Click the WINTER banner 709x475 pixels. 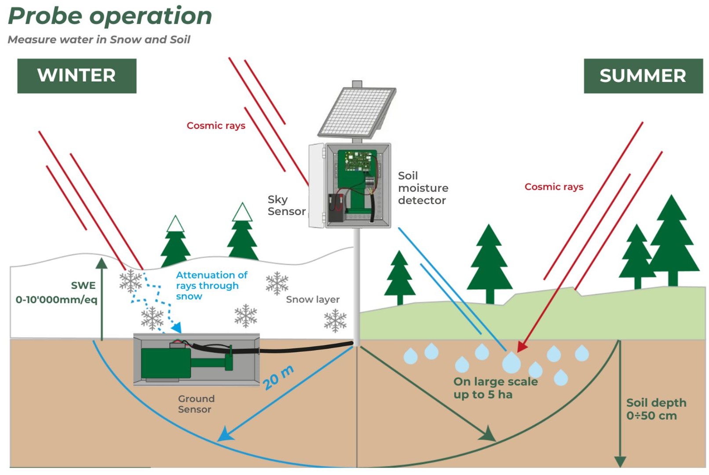tap(77, 76)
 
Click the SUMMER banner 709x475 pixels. tap(643, 76)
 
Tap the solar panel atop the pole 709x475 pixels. tap(358, 112)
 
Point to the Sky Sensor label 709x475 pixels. tap(286, 205)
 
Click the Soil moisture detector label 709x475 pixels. tap(423, 188)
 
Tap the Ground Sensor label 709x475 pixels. tap(196, 404)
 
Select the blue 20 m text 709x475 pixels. tap(278, 377)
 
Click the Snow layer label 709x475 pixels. tap(312, 300)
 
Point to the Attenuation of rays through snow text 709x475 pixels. tap(211, 285)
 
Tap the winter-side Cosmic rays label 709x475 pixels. tap(216, 126)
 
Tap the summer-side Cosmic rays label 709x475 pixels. tap(554, 187)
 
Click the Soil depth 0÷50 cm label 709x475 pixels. tap(655, 409)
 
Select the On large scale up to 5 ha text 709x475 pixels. tap(495, 388)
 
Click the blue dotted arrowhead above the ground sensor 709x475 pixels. tap(177, 327)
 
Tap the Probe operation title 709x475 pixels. tap(110, 16)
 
